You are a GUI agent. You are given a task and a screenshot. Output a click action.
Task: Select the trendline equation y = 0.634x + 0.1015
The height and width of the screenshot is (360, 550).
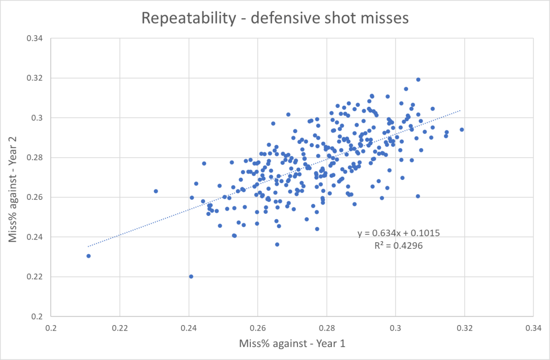tap(399, 234)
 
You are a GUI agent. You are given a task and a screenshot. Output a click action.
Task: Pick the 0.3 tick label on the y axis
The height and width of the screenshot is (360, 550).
tap(38, 118)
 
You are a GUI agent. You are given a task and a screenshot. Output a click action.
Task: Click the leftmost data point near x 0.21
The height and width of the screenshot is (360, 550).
tap(88, 256)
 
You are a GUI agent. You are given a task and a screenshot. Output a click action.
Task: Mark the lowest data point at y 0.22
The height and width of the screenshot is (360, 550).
tap(191, 276)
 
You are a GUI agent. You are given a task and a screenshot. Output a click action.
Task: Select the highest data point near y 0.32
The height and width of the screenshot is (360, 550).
tap(418, 80)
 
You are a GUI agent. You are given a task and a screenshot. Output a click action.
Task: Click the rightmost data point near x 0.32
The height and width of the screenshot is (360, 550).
tap(461, 129)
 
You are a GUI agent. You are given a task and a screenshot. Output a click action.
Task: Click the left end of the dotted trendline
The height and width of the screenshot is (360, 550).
tap(88, 247)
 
